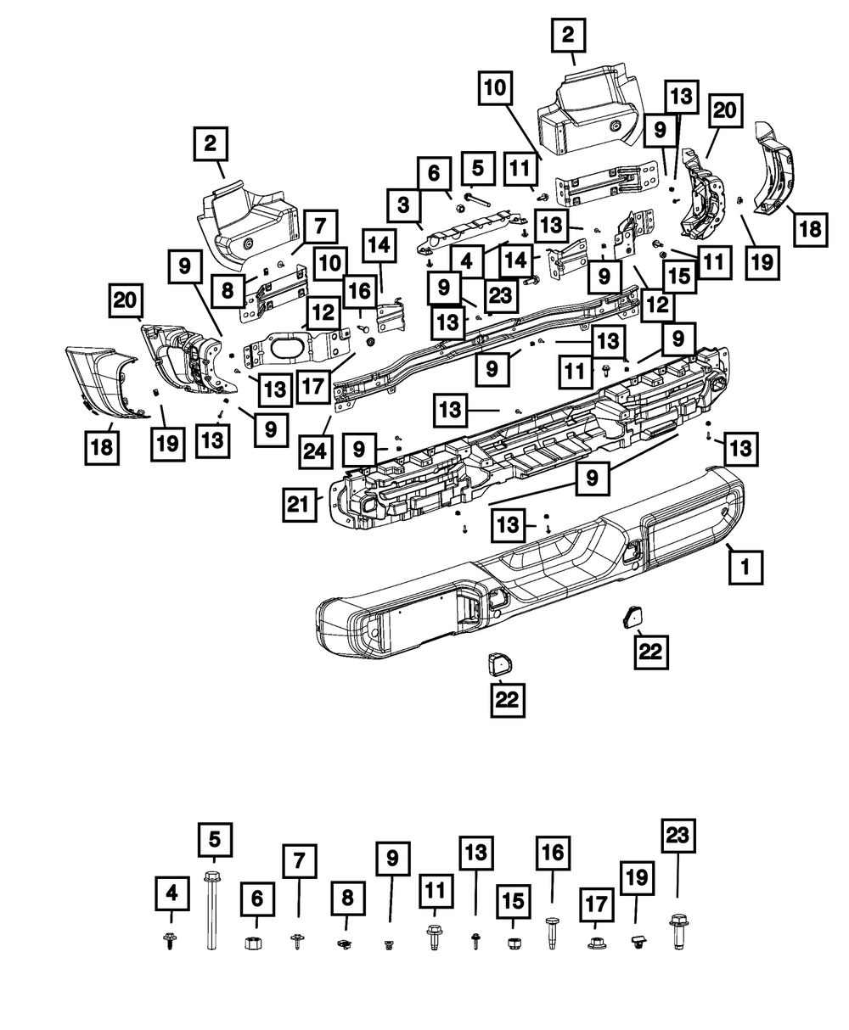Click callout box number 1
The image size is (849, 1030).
pos(745,568)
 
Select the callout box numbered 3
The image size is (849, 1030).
pos(404,204)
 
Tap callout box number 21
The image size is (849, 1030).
pos(299,505)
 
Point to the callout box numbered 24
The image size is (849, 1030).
pos(315,451)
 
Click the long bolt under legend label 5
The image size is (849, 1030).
pos(212,910)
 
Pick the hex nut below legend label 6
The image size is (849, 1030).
pos(253,943)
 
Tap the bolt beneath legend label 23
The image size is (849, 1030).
pos(678,932)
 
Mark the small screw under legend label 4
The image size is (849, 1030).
pos(171,941)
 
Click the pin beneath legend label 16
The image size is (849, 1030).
pos(551,932)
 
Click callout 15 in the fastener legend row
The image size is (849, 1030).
pos(513,901)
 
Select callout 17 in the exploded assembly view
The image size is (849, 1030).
pos(314,386)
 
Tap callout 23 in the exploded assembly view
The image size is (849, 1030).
pos(501,296)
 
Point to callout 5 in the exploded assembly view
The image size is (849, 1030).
pos(478,168)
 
